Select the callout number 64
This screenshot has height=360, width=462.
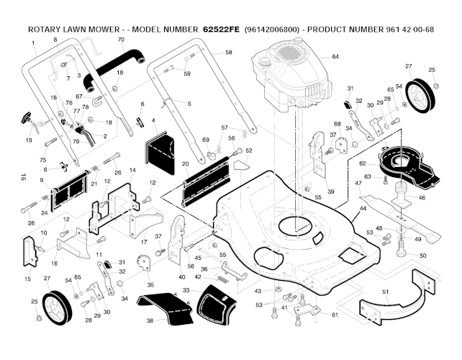(x=335, y=57)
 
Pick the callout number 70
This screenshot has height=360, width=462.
(x=121, y=40)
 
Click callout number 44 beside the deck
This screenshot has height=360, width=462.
(x=363, y=208)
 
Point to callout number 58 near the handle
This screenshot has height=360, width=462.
(x=229, y=53)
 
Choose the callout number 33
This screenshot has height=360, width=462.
(x=186, y=289)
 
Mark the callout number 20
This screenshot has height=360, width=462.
(x=186, y=164)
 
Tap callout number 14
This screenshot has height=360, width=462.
(x=132, y=171)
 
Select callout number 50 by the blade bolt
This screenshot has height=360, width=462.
(x=422, y=256)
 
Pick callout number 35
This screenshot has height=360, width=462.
(x=150, y=285)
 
